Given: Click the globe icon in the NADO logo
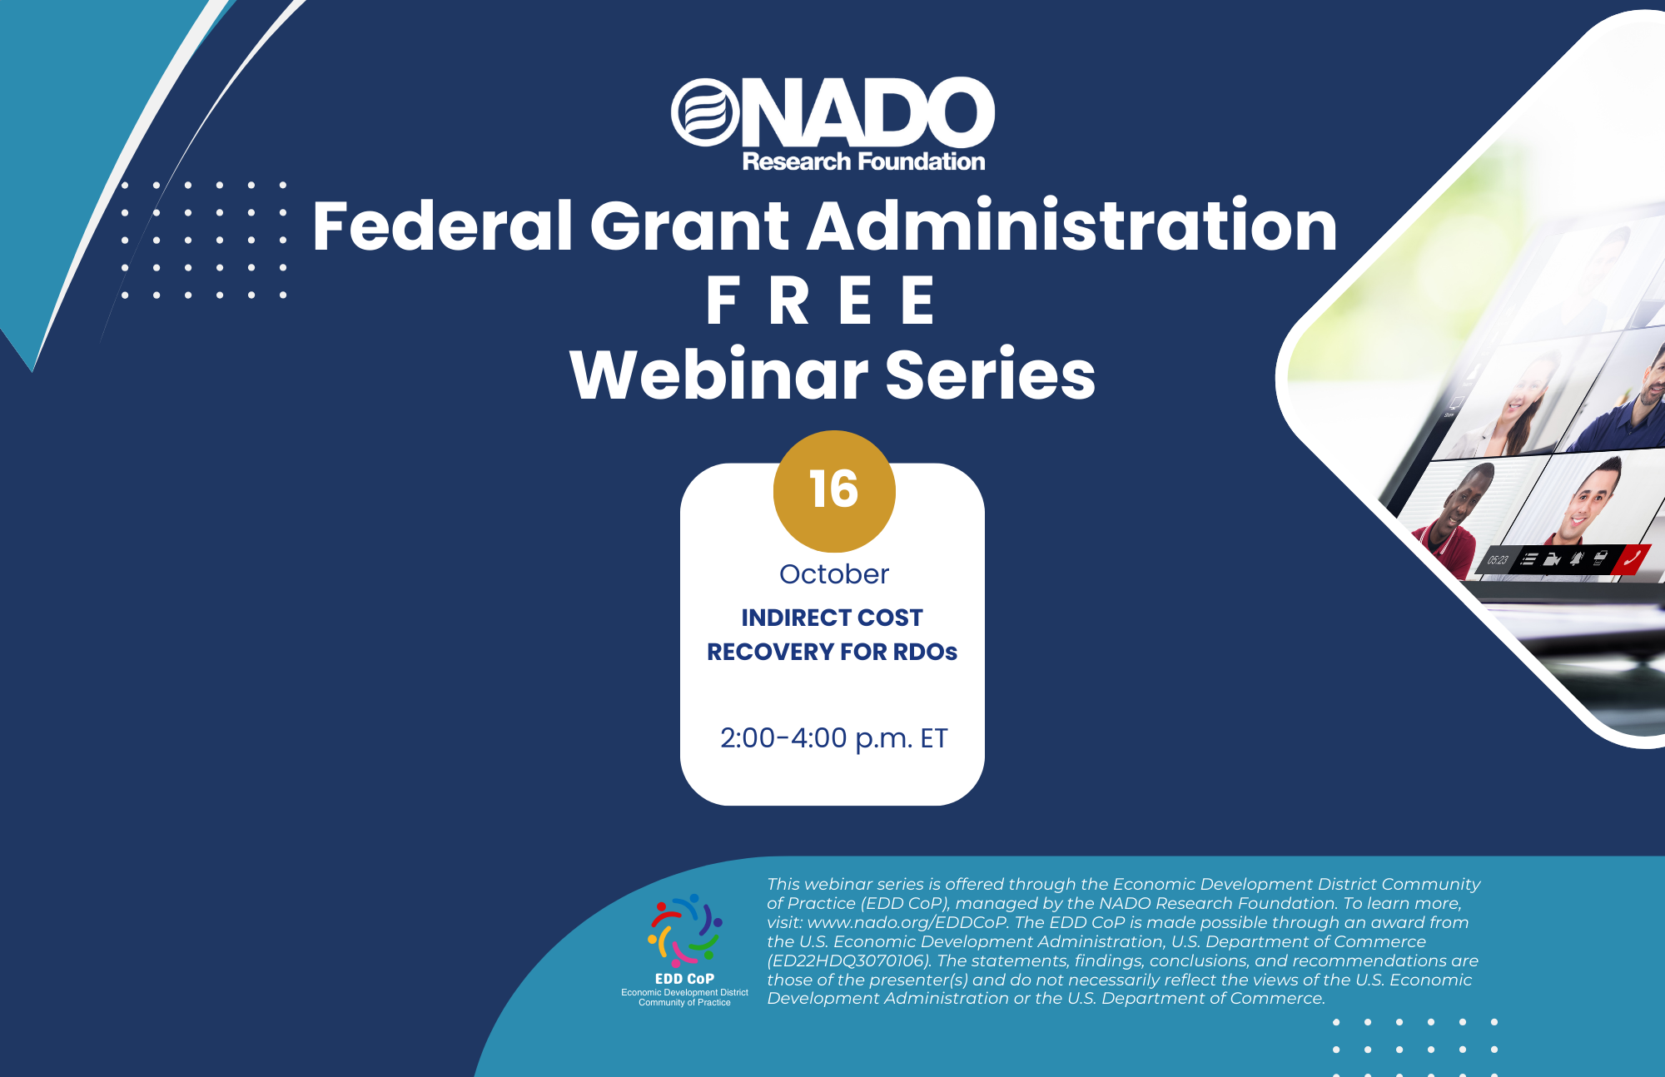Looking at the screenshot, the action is tap(705, 112).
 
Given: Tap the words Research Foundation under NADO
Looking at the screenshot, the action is tap(863, 161).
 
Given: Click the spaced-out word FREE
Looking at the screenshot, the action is tap(820, 300).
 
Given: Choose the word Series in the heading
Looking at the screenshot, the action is tap(990, 375).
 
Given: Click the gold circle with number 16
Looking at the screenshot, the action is tap(834, 491).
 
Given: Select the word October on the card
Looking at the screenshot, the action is tap(834, 574).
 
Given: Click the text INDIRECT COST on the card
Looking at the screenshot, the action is tap(832, 618).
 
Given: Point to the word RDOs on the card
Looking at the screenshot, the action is tap(925, 652).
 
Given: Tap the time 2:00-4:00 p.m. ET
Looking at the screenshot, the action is tap(833, 738).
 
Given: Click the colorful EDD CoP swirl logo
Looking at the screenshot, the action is tap(684, 931).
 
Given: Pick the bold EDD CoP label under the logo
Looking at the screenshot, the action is tap(684, 979).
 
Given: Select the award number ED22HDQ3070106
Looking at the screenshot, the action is tap(847, 960).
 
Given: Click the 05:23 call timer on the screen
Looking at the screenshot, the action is tap(1498, 559).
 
